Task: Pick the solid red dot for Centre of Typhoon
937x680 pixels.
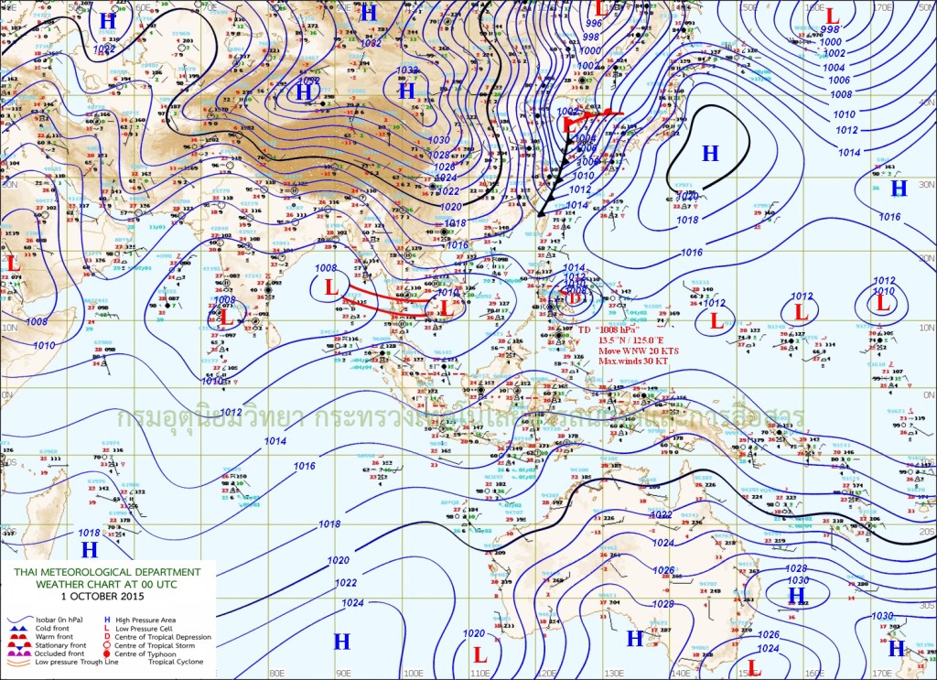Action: pos(107,654)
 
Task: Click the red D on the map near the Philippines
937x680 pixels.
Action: pos(573,296)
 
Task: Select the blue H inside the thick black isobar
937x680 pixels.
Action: pos(709,154)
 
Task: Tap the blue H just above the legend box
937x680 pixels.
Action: pos(89,549)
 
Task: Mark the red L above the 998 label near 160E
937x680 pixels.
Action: pos(832,16)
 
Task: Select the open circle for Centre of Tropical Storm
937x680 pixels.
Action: pos(107,645)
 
